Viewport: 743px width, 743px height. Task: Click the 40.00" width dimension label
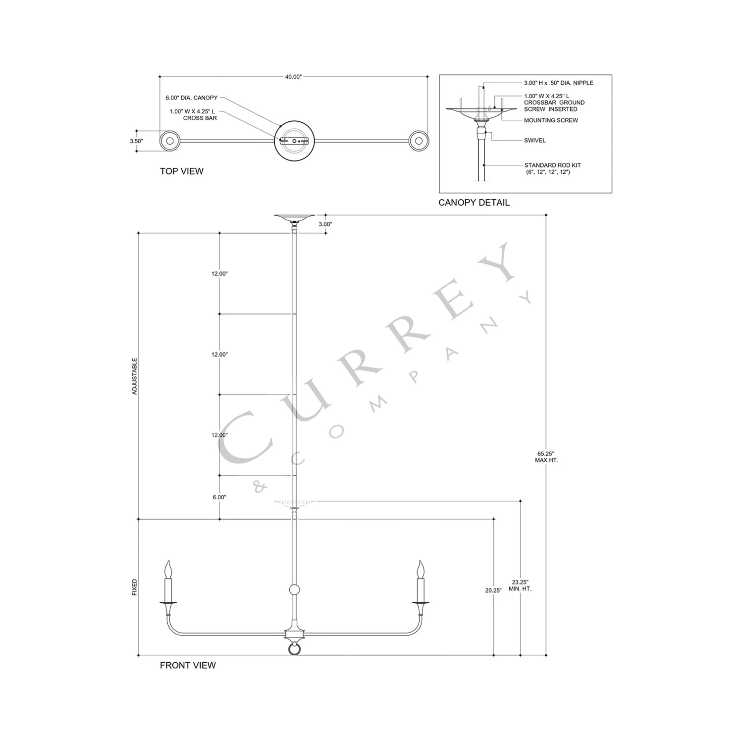[293, 77]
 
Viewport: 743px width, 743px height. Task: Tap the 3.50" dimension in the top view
[136, 141]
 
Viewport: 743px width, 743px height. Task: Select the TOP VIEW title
[181, 171]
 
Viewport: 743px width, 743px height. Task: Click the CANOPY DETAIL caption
[474, 203]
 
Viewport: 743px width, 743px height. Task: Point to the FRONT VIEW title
[188, 665]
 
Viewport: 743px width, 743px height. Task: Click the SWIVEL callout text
[535, 141]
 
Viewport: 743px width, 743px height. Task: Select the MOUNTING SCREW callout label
[551, 120]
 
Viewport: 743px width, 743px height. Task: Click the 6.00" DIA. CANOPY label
[192, 98]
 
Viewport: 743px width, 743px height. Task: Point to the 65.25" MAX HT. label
[546, 457]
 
